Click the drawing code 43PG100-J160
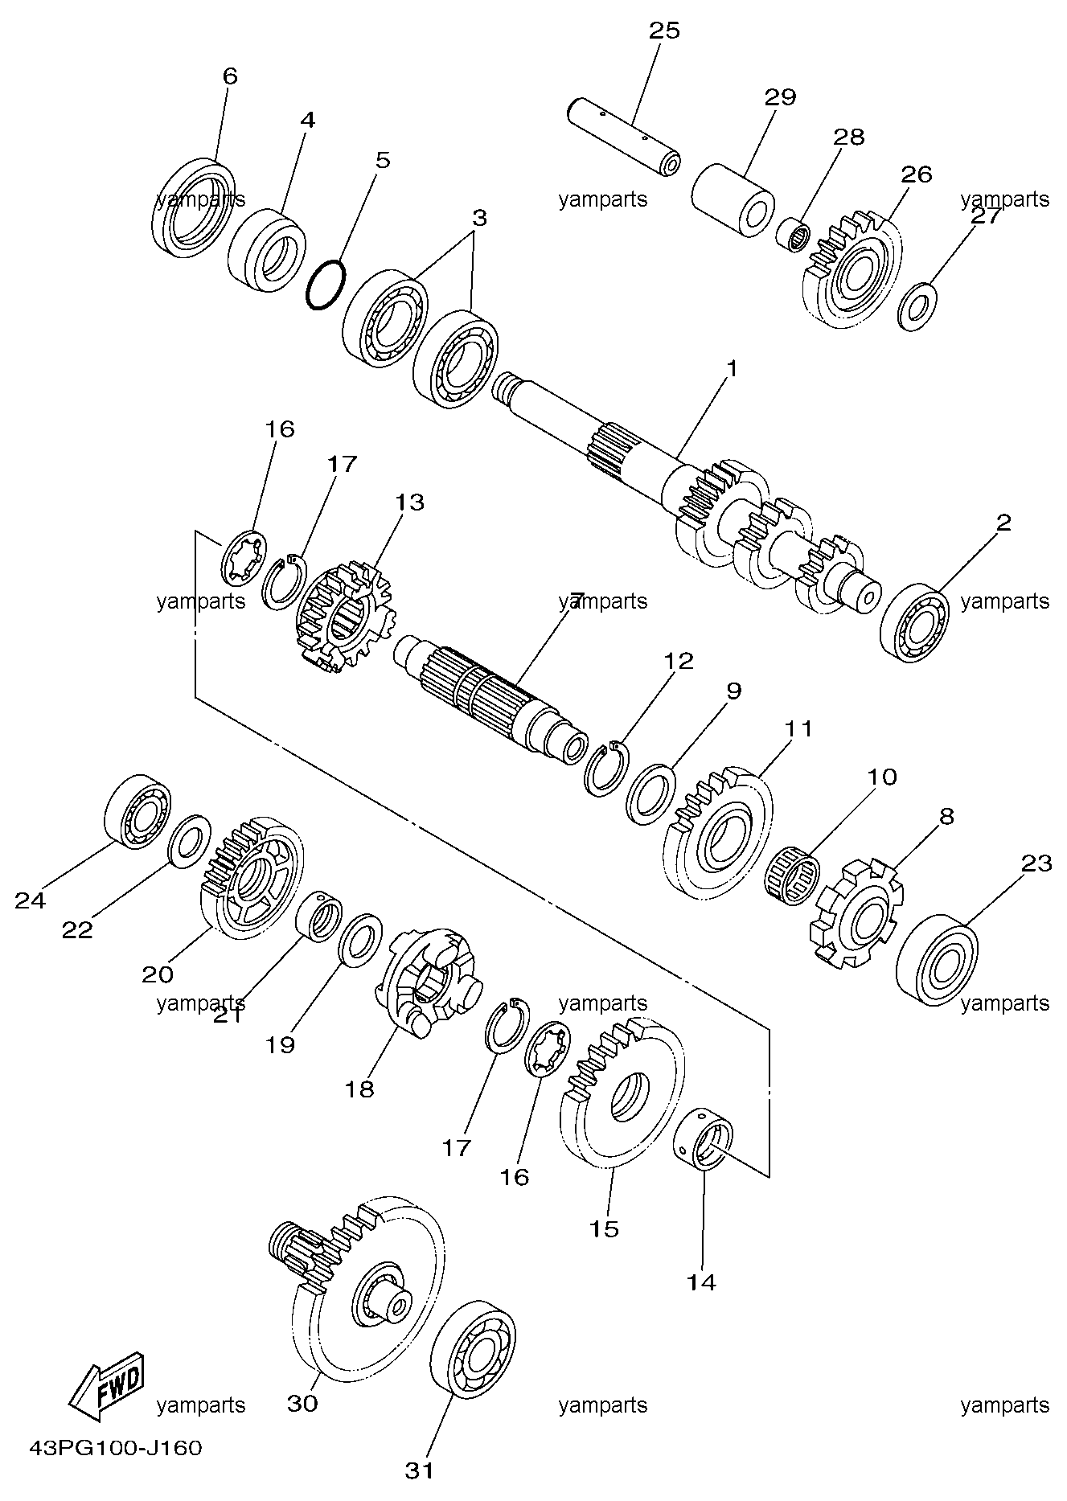click(115, 1449)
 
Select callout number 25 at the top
click(664, 31)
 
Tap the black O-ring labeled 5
click(326, 285)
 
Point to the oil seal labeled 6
click(193, 208)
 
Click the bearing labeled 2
click(914, 616)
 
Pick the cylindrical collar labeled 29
click(732, 201)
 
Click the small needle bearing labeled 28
click(795, 236)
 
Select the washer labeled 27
click(918, 306)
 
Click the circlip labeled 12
click(607, 770)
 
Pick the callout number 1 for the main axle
click(732, 369)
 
